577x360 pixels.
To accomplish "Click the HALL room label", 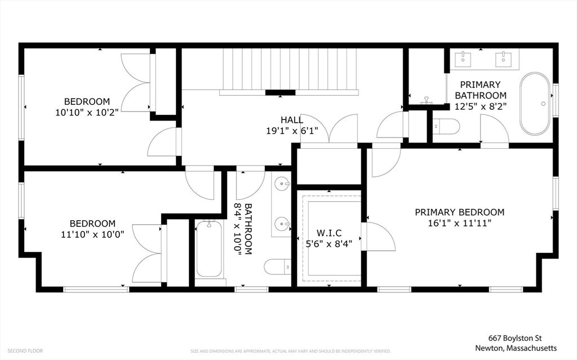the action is pyautogui.click(x=292, y=119).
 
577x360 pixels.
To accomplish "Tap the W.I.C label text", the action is pyautogui.click(x=329, y=233).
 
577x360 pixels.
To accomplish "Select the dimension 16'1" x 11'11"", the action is pyautogui.click(x=460, y=223).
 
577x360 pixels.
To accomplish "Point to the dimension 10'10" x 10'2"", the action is pyautogui.click(x=87, y=112).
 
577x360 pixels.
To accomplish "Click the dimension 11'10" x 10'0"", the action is pyautogui.click(x=92, y=234).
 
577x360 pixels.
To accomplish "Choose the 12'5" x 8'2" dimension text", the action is pyautogui.click(x=481, y=106).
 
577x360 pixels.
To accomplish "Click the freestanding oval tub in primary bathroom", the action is pyautogui.click(x=535, y=104).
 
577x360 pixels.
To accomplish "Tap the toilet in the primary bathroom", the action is pyautogui.click(x=446, y=127).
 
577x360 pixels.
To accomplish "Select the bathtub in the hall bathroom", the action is pyautogui.click(x=208, y=249).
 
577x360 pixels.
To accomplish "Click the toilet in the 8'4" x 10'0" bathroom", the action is pyautogui.click(x=277, y=267).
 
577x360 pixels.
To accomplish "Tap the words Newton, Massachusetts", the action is pyautogui.click(x=516, y=348).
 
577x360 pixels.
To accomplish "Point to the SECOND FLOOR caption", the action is pyautogui.click(x=25, y=351).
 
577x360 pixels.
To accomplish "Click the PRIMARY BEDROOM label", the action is pyautogui.click(x=460, y=212).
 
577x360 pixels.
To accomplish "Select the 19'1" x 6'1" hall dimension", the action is pyautogui.click(x=292, y=131).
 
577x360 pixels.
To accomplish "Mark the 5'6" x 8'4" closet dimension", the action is pyautogui.click(x=329, y=244).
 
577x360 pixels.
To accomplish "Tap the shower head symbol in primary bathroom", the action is pyautogui.click(x=427, y=100).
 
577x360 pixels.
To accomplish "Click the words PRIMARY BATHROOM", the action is pyautogui.click(x=481, y=90).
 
